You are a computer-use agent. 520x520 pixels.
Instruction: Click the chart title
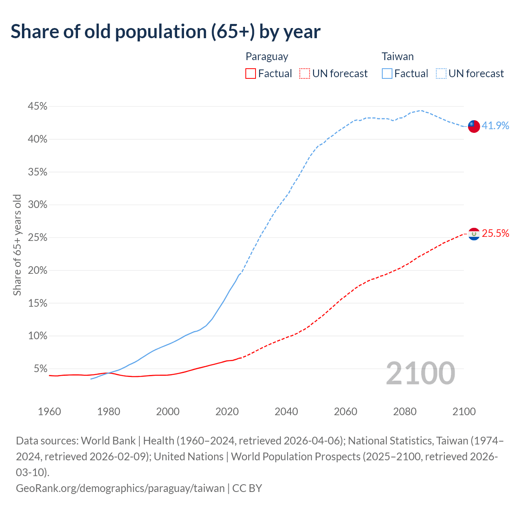coord(165,32)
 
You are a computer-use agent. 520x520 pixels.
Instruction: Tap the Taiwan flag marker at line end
coord(474,126)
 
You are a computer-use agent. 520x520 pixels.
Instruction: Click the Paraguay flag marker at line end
coord(474,234)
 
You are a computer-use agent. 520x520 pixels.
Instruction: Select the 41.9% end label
coord(495,126)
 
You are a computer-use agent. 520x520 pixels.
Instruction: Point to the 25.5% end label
coord(495,233)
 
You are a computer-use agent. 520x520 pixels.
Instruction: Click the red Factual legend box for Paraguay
coord(251,74)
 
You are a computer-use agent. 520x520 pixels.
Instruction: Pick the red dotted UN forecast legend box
coord(304,74)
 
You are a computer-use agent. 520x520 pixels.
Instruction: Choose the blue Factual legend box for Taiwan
coord(387,74)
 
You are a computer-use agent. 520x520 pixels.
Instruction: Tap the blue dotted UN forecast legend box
coord(441,74)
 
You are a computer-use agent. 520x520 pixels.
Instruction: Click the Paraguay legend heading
coord(267,56)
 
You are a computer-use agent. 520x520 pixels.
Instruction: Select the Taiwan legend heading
coord(397,56)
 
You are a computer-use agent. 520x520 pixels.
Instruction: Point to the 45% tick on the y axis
coord(37,106)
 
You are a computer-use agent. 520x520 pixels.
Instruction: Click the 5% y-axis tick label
coord(40,369)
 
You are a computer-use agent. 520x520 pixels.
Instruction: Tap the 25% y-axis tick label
coord(37,238)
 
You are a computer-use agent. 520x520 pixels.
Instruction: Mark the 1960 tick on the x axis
coord(49,412)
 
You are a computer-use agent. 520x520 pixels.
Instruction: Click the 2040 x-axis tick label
coord(286,412)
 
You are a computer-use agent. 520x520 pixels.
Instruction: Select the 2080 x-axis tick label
coord(405,412)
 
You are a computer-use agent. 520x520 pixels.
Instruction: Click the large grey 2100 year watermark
coord(420,373)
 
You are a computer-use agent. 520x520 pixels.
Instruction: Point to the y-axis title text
coord(17,245)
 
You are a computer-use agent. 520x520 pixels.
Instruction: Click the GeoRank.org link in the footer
coord(120,488)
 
